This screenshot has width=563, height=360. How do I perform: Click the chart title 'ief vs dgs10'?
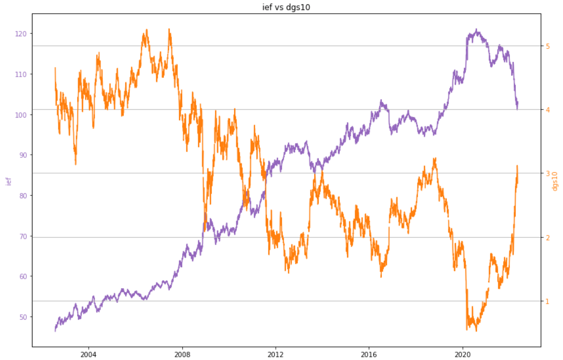[x=286, y=7]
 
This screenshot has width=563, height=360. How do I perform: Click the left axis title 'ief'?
[x=9, y=181]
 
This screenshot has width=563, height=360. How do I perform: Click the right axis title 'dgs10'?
[x=555, y=181]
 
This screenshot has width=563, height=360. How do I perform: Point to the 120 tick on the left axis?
[x=21, y=34]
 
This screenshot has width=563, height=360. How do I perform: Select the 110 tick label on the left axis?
[x=21, y=75]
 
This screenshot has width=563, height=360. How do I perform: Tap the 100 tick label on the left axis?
[x=21, y=115]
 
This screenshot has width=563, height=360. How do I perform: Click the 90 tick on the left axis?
[x=23, y=155]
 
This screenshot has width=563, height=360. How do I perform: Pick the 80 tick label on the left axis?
[x=23, y=196]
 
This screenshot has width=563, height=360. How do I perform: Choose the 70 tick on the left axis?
[x=23, y=236]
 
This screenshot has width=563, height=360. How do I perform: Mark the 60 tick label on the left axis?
[x=23, y=277]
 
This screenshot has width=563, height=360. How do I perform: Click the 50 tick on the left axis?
[x=23, y=317]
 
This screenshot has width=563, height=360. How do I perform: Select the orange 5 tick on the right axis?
[x=548, y=46]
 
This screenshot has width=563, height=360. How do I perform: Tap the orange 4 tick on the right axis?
[x=548, y=110]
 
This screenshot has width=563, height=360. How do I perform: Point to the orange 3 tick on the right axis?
[x=548, y=173]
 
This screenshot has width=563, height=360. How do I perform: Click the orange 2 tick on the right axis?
[x=548, y=237]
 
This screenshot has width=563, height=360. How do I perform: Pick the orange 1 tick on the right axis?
[x=548, y=301]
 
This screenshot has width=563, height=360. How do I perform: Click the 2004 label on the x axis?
[x=88, y=354]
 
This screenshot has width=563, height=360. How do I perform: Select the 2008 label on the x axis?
[x=182, y=354]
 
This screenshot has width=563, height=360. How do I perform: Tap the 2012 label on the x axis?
[x=275, y=354]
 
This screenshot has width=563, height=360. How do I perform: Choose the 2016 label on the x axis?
[x=369, y=354]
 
